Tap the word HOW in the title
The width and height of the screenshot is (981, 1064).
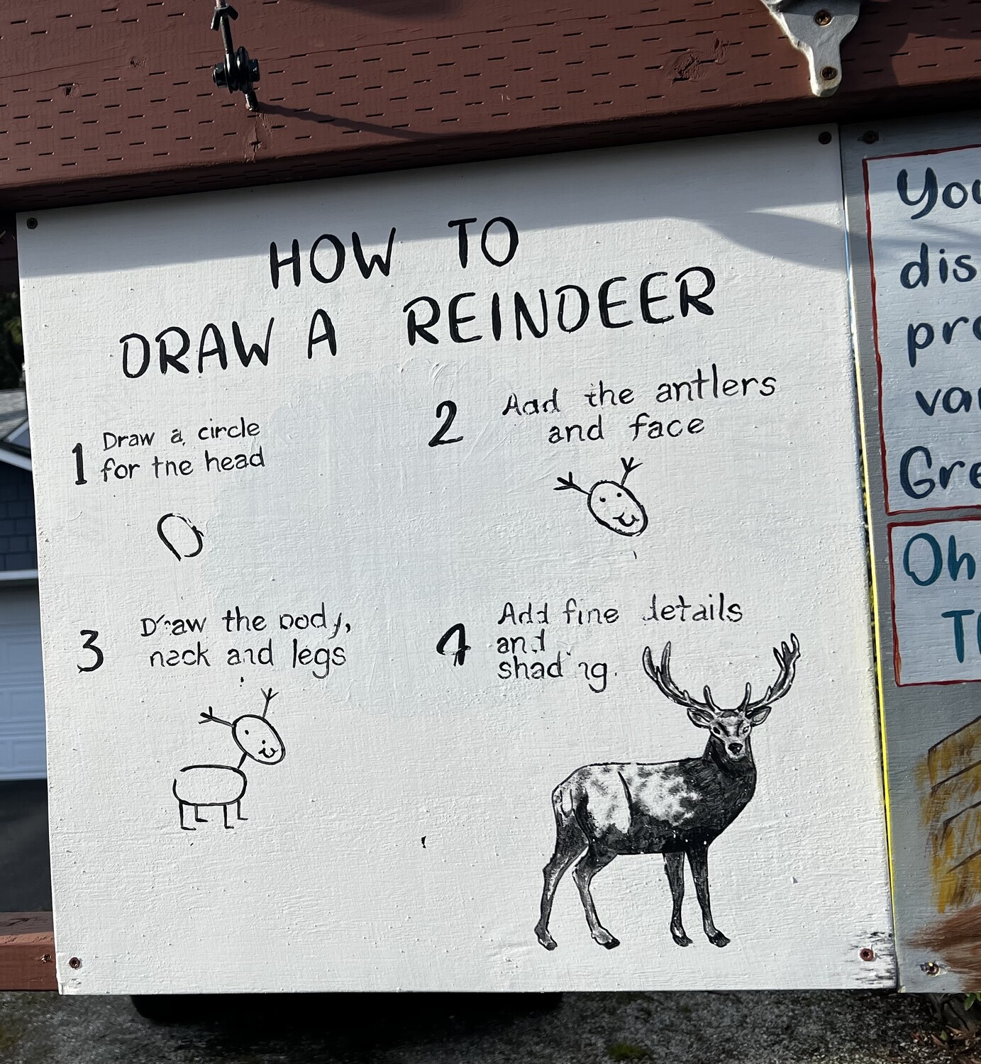coord(331,260)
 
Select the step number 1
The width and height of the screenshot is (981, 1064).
coord(79,465)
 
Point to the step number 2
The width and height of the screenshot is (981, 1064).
coord(445,424)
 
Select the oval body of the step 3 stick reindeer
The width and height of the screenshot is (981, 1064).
coord(210,785)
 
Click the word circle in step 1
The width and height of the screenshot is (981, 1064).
coord(228,431)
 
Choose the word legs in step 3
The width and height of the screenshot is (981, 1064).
coord(318,656)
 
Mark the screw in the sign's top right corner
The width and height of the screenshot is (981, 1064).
coord(824,138)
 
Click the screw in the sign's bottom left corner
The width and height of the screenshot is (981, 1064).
coord(74,963)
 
